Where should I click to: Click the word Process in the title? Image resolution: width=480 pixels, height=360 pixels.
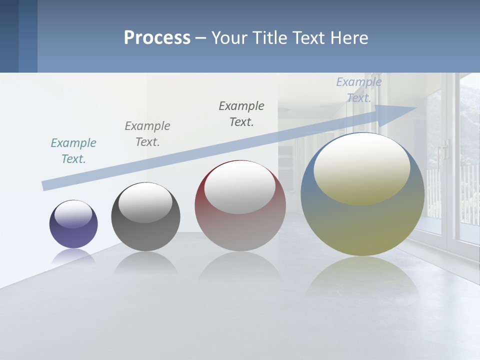(x=157, y=37)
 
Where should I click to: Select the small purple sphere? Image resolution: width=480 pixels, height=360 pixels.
(x=73, y=224)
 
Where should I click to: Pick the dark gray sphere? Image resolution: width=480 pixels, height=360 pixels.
(x=145, y=217)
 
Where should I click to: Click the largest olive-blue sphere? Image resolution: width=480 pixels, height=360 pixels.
(x=362, y=194)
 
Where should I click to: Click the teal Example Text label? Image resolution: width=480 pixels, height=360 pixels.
(x=73, y=151)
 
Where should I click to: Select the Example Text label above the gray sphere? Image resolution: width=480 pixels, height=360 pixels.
(x=147, y=134)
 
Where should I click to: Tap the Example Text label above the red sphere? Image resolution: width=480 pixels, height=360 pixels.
(x=241, y=114)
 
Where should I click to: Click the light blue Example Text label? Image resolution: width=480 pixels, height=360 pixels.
(x=359, y=90)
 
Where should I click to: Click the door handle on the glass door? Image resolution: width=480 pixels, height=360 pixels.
(x=444, y=150)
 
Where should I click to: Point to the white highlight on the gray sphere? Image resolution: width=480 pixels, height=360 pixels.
(x=145, y=202)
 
